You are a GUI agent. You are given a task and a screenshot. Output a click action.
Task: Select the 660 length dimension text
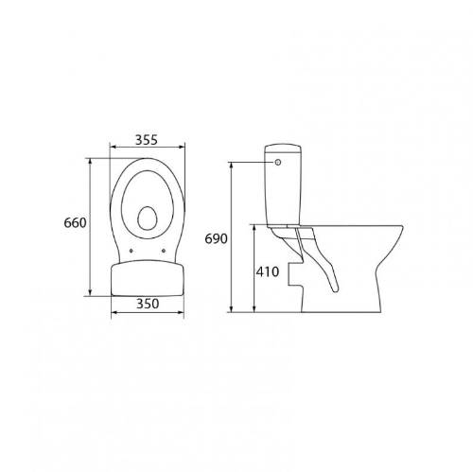pos(76,223)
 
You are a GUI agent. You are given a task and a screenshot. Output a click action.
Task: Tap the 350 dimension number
pos(146,306)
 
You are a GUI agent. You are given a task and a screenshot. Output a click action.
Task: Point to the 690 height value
pos(217,238)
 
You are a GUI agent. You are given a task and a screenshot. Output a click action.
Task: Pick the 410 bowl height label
pos(268,272)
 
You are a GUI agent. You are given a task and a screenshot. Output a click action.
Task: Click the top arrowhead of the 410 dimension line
pos(255,228)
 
